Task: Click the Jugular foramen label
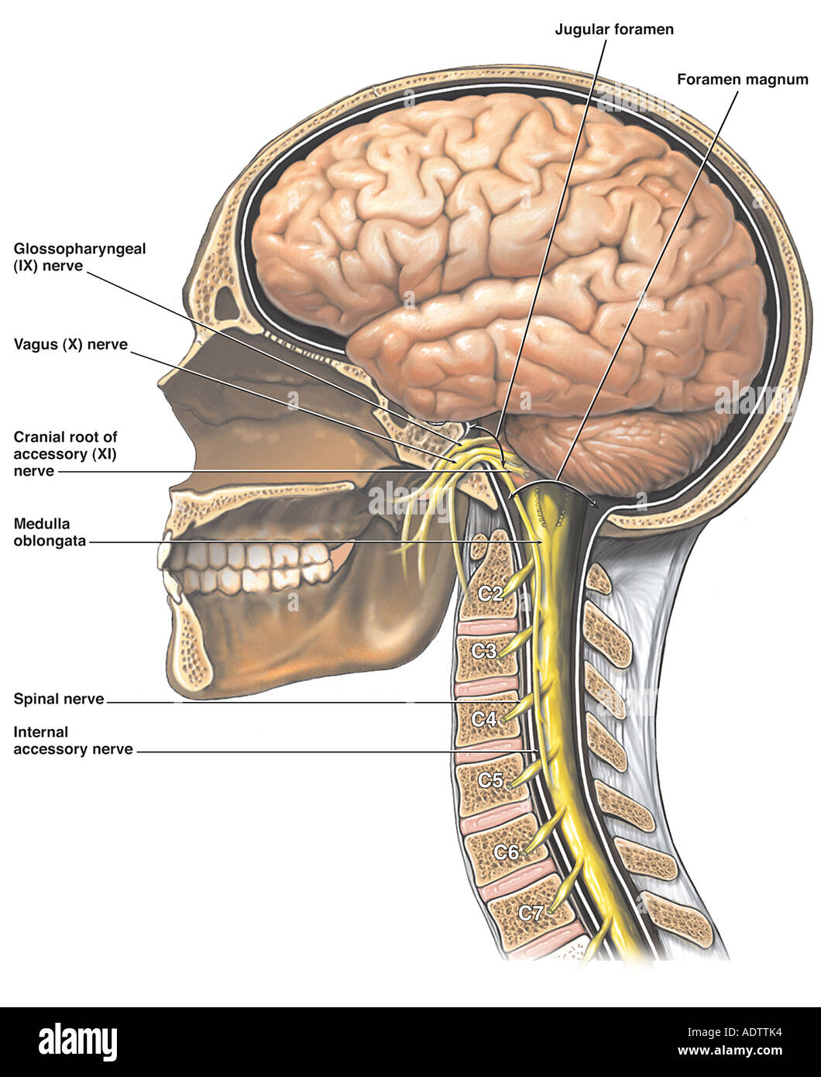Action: pyautogui.click(x=614, y=29)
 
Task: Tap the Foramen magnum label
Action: pyautogui.click(x=743, y=80)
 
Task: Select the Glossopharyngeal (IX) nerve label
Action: pyautogui.click(x=80, y=257)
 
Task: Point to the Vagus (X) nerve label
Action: pyautogui.click(x=70, y=345)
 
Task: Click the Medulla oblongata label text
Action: pyautogui.click(x=50, y=532)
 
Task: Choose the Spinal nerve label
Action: pyautogui.click(x=59, y=699)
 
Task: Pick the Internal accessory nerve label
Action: pyautogui.click(x=73, y=741)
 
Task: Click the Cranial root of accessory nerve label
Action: pyautogui.click(x=65, y=454)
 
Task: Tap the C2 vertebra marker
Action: pyautogui.click(x=490, y=594)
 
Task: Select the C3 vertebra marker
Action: pyautogui.click(x=484, y=651)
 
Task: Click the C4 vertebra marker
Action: pyautogui.click(x=484, y=719)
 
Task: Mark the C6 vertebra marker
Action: pyautogui.click(x=506, y=852)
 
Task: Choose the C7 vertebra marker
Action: pyautogui.click(x=531, y=913)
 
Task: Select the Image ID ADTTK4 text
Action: pyautogui.click(x=734, y=1032)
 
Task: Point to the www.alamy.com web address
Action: pyautogui.click(x=730, y=1050)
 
